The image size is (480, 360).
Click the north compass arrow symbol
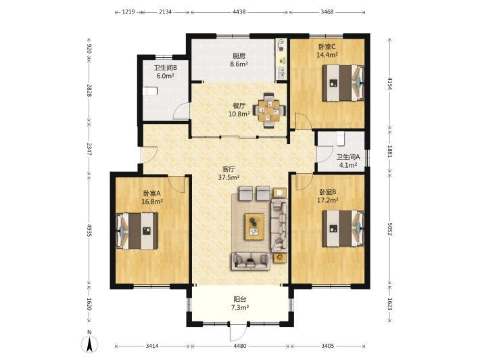(x=89, y=344)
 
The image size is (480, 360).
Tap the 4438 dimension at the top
(x=239, y=12)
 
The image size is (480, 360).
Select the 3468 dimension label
(x=327, y=12)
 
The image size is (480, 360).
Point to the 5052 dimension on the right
(x=389, y=229)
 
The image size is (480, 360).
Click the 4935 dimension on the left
(x=89, y=230)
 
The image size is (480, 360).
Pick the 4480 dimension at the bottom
(x=240, y=346)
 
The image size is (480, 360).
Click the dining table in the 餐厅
(x=269, y=110)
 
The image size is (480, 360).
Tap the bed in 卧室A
(x=137, y=231)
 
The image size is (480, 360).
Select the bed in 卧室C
(x=343, y=83)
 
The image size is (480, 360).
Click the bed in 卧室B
(x=343, y=229)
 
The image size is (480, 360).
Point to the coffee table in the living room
(x=254, y=227)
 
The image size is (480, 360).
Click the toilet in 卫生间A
(x=341, y=139)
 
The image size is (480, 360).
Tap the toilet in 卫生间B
(x=150, y=91)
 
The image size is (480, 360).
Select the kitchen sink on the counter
(x=281, y=72)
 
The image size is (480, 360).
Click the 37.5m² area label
(x=229, y=177)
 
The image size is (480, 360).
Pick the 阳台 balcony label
(x=240, y=299)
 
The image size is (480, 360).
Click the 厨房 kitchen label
(x=239, y=56)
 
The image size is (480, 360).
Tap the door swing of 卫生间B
(x=181, y=111)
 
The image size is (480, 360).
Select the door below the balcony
(x=237, y=332)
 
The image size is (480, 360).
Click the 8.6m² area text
(x=239, y=64)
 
